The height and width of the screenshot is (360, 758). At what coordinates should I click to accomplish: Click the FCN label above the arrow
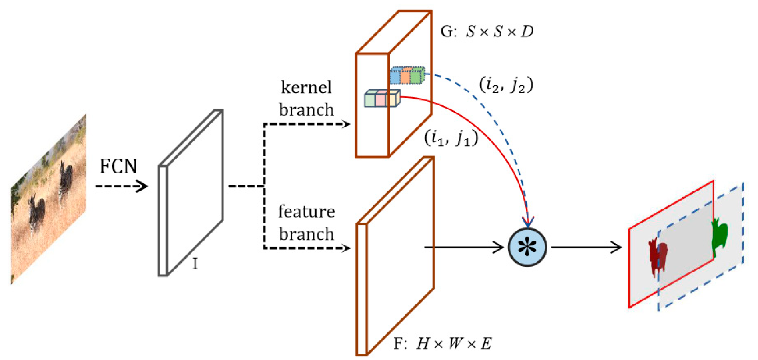[118, 166]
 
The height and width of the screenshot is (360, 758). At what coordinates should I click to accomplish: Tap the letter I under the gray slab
[195, 264]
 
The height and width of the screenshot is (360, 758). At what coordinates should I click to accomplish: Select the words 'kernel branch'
[306, 98]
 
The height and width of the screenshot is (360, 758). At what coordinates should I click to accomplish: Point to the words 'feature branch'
[306, 223]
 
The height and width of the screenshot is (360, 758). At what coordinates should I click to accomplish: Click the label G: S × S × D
[487, 31]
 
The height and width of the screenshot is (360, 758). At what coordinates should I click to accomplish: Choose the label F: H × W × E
[442, 343]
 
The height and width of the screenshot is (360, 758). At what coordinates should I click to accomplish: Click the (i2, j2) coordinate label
[506, 85]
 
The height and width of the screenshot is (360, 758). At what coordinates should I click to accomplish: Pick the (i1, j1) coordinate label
[451, 138]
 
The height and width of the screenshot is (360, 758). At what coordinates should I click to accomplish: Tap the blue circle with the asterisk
[527, 247]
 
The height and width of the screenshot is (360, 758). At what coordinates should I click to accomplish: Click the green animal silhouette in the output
[720, 236]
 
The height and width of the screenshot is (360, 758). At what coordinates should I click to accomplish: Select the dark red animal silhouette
[657, 256]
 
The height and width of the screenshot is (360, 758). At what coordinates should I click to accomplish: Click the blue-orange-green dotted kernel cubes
[407, 75]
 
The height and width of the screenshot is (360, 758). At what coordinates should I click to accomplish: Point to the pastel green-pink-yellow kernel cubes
[382, 98]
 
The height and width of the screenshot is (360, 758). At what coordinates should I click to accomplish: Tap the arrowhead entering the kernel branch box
[346, 124]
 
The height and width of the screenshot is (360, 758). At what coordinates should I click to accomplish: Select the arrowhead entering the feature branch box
[346, 248]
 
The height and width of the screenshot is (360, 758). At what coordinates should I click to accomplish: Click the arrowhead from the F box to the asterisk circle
[499, 247]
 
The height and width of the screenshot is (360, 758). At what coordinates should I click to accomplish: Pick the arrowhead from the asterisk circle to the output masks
[616, 247]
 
